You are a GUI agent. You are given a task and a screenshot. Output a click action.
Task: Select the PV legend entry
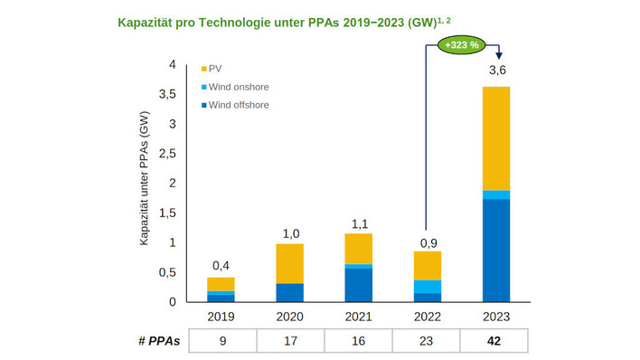click(217, 69)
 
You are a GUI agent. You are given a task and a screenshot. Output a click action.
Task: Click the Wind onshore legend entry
click(238, 87)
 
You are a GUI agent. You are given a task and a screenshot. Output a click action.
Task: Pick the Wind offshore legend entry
click(238, 105)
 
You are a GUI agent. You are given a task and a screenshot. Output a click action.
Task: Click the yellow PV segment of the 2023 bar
click(496, 137)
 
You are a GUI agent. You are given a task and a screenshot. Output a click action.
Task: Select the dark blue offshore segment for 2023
click(496, 250)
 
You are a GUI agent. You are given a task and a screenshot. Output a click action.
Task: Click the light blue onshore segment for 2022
click(428, 287)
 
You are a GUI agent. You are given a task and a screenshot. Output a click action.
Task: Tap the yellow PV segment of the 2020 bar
click(289, 263)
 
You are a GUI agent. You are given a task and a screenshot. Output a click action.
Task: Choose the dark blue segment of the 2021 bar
click(358, 284)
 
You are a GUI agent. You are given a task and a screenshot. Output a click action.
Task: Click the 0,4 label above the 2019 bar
click(221, 265)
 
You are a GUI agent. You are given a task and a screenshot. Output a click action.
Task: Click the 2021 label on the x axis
click(358, 317)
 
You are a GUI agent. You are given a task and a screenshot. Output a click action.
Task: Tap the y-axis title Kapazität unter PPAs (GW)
click(145, 182)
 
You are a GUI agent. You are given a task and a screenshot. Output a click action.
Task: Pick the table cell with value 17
click(289, 342)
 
